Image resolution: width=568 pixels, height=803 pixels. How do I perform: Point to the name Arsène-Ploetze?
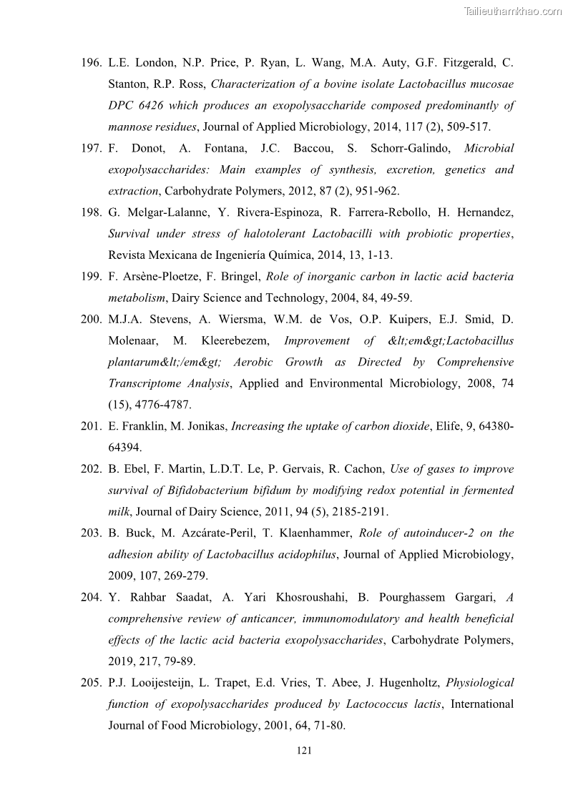(x=150, y=277)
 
